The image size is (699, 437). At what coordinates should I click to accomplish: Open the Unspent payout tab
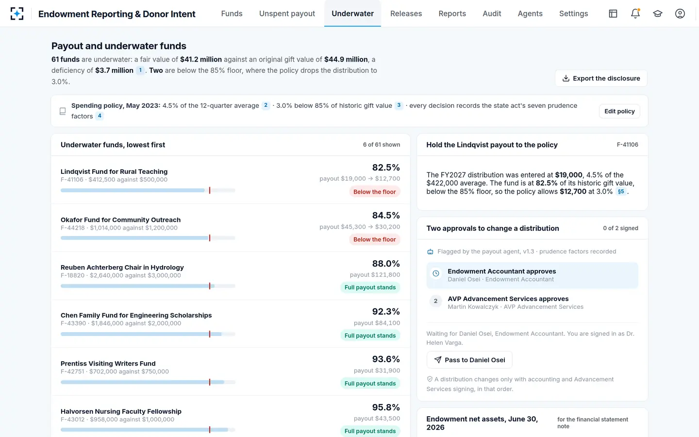(287, 14)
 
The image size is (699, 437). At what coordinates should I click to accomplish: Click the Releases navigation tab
(406, 14)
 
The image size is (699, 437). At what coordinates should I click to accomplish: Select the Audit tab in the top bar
(492, 14)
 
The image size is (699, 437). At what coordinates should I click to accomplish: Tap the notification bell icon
(635, 14)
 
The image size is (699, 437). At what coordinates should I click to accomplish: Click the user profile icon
(680, 14)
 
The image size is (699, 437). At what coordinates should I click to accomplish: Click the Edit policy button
(619, 111)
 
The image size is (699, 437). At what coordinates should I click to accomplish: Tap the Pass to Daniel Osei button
(469, 360)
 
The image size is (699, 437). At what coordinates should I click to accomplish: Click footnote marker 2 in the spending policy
(266, 105)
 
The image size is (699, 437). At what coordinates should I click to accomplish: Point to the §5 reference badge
(621, 191)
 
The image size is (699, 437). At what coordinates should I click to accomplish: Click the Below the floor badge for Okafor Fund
(374, 239)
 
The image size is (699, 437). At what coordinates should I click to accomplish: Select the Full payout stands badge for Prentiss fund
(370, 383)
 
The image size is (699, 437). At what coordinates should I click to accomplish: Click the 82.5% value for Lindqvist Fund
(386, 168)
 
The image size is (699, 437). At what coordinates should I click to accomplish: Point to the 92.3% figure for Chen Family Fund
(386, 312)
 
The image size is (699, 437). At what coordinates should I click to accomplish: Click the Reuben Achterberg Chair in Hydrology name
(122, 268)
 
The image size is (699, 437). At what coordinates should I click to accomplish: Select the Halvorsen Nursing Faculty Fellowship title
(121, 411)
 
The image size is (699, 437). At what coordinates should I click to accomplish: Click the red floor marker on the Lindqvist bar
(210, 190)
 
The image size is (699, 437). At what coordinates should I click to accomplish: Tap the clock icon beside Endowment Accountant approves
(436, 274)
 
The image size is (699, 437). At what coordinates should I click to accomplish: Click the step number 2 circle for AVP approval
(435, 301)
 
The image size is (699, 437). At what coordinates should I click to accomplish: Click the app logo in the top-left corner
(17, 14)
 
